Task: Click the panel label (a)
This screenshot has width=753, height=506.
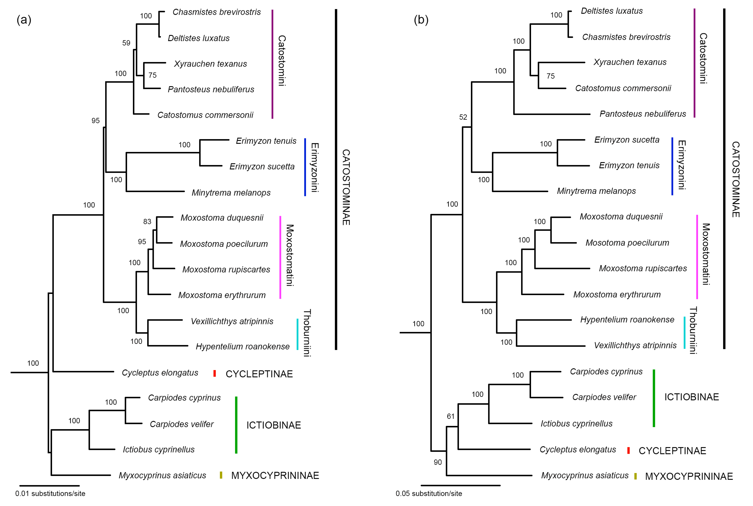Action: click(24, 20)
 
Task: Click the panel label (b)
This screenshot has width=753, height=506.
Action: click(421, 20)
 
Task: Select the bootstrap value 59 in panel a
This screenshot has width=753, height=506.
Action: click(126, 43)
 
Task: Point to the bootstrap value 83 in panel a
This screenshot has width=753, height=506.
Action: click(147, 221)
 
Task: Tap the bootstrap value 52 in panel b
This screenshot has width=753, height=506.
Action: click(463, 117)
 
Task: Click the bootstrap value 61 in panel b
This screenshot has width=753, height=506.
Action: click(451, 416)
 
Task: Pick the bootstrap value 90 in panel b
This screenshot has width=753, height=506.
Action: click(438, 462)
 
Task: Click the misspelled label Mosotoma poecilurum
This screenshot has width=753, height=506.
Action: click(627, 243)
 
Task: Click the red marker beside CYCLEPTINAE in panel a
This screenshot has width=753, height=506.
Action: click(215, 373)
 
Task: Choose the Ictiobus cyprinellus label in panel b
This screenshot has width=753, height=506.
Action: click(576, 423)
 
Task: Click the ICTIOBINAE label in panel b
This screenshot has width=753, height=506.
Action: click(691, 397)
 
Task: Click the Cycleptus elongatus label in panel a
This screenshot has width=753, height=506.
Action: click(160, 373)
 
